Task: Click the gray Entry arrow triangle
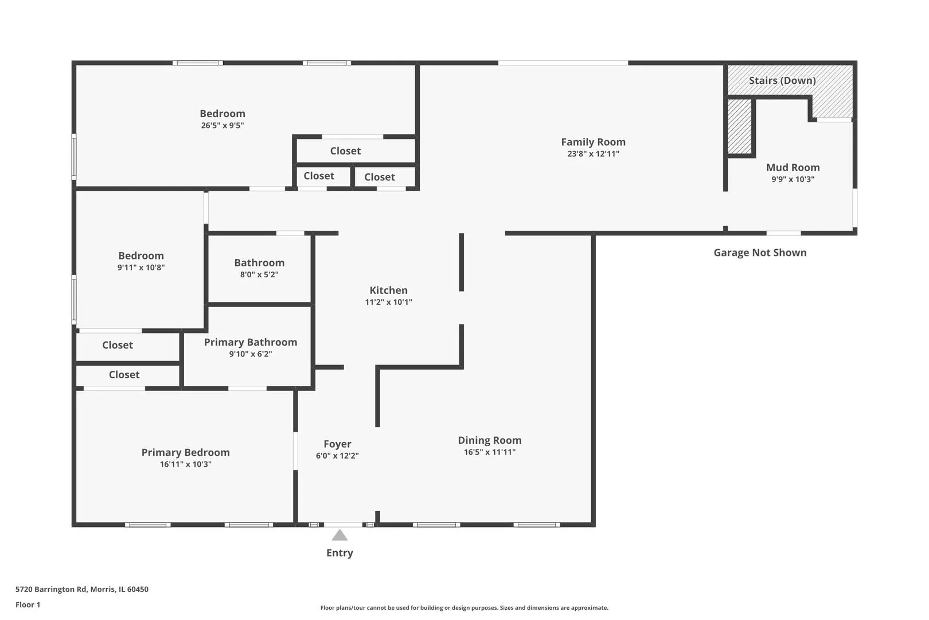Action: (339, 535)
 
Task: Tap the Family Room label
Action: (593, 142)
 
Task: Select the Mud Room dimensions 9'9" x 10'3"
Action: (793, 179)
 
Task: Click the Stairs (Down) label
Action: (782, 80)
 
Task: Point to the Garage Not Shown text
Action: (760, 253)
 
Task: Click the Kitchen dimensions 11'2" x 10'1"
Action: (388, 303)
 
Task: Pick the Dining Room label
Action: (489, 440)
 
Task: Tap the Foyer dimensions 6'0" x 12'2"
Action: (337, 456)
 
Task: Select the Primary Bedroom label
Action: (185, 452)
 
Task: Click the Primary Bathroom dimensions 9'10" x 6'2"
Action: (251, 354)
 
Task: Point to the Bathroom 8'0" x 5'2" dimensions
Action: (259, 274)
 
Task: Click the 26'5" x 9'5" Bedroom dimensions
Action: (223, 125)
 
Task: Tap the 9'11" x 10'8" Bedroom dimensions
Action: (140, 268)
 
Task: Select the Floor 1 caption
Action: (28, 604)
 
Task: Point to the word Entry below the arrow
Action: (339, 553)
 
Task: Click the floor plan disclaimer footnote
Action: (464, 607)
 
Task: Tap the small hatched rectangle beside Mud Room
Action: (739, 126)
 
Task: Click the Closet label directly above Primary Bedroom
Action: (124, 374)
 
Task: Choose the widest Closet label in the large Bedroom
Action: (345, 151)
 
